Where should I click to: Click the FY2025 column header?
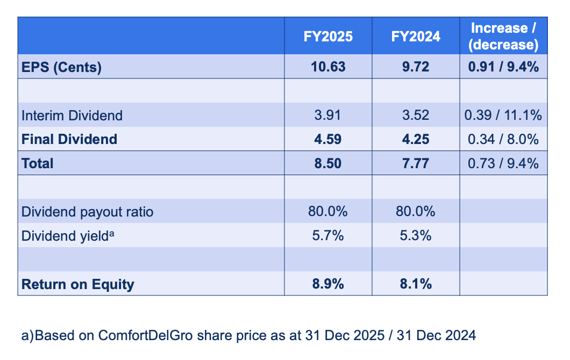[x=327, y=36]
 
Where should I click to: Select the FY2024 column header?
[x=415, y=36]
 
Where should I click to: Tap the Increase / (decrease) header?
[x=503, y=36]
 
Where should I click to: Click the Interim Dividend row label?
[x=72, y=116]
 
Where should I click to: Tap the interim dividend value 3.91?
[x=327, y=116]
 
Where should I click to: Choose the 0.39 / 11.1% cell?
[x=503, y=116]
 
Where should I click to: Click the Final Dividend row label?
[x=69, y=139]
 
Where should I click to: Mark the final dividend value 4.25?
[x=415, y=139]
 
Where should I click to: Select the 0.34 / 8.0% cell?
[x=503, y=139]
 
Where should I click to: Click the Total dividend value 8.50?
[x=327, y=163]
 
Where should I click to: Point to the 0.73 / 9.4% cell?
[x=503, y=163]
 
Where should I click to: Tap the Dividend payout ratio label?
[x=87, y=212]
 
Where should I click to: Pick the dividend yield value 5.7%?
[x=327, y=235]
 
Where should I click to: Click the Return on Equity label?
[x=77, y=284]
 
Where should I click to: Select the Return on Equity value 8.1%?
[x=415, y=284]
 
